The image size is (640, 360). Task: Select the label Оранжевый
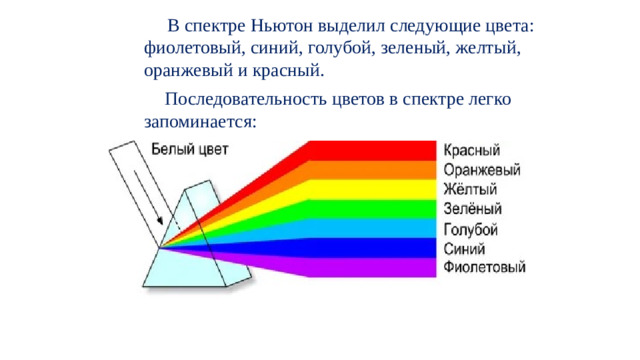pyautogui.click(x=480, y=170)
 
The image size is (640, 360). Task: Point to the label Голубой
pyautogui.click(x=471, y=228)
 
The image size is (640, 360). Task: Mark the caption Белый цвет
pyautogui.click(x=190, y=151)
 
